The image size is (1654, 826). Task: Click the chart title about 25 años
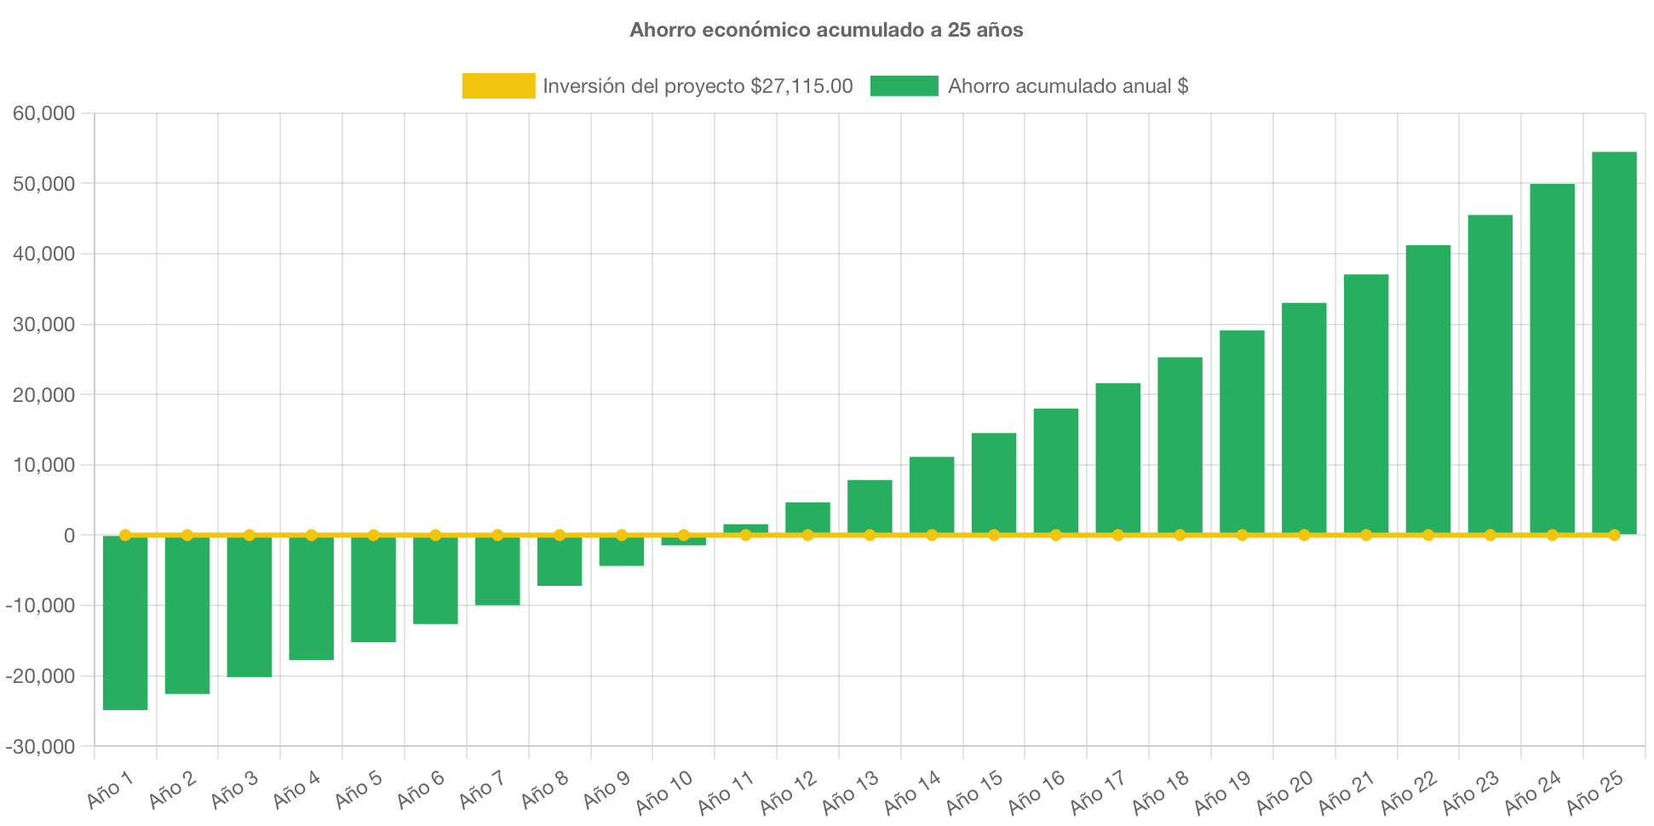826,30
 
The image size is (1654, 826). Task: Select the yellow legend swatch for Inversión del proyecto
498,86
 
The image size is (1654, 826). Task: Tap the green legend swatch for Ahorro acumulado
904,86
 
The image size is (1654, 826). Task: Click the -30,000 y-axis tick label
41,747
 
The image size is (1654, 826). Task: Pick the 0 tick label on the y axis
69,536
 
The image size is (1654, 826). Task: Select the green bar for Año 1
125,622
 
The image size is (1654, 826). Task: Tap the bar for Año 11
745,528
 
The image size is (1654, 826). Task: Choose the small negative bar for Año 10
684,542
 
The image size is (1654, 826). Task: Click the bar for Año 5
373,589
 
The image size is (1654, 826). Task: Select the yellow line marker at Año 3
250,535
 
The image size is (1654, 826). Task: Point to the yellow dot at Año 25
1614,535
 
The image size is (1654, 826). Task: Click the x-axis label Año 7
482,789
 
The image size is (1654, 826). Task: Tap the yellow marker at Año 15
994,535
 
